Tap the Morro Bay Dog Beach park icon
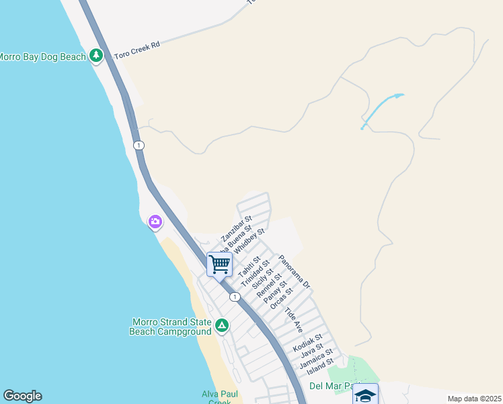click(96, 56)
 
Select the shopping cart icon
click(219, 264)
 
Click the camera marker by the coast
click(155, 222)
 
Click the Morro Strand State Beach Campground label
click(169, 327)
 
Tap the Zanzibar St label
click(236, 229)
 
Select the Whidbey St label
click(250, 241)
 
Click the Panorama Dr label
click(294, 272)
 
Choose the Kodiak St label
click(308, 343)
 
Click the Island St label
click(320, 367)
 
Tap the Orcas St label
click(281, 300)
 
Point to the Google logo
click(22, 396)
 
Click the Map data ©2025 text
click(474, 399)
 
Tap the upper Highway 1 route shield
click(139, 145)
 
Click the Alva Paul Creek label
click(217, 397)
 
